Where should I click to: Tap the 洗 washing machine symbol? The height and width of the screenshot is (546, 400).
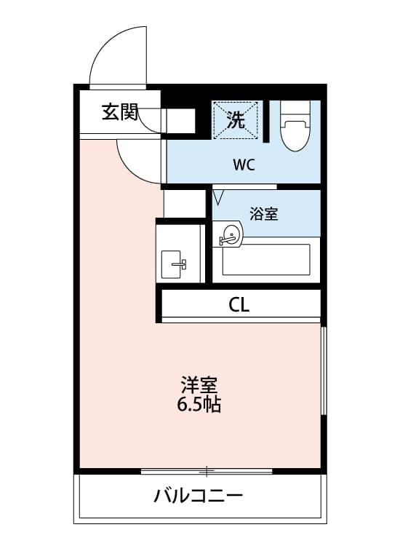236,119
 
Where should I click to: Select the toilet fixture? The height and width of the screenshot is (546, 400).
295,131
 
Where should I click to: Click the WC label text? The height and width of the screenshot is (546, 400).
244,165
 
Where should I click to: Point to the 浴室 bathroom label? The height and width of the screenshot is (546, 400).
263,214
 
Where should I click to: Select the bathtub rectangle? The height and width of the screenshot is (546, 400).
266,259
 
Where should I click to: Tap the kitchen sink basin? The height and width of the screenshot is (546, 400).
175,264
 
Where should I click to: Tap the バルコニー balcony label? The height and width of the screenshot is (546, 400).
198,497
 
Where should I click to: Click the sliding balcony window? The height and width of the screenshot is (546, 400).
207,471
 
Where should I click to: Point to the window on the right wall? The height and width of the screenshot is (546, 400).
323,371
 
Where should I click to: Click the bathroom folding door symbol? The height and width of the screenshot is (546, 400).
219,196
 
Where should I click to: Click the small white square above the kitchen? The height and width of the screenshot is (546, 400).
185,202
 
